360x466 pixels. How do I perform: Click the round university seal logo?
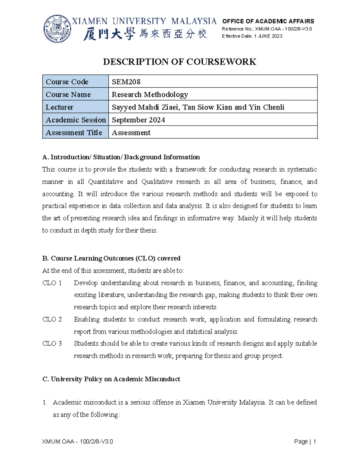(57, 29)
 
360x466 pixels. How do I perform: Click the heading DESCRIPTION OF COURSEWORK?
(179, 62)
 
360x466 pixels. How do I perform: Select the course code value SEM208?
(126, 82)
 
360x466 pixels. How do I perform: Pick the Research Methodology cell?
(150, 95)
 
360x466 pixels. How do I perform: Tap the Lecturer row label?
(59, 107)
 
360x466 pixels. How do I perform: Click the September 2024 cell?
(138, 120)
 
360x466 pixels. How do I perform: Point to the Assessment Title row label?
(74, 133)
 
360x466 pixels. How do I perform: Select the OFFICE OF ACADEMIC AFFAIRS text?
(268, 21)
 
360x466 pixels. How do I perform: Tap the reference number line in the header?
(267, 29)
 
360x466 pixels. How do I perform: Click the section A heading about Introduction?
(121, 157)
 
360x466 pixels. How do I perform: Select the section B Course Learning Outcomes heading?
(111, 258)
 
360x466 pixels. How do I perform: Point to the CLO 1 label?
(52, 283)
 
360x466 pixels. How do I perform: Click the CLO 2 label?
(52, 319)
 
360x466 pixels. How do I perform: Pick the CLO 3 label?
(52, 344)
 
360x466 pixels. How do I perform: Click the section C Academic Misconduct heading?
(111, 379)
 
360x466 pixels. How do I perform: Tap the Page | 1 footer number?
(305, 441)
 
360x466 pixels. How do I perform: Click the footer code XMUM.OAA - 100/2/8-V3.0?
(77, 441)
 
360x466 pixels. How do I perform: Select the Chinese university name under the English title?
(145, 34)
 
